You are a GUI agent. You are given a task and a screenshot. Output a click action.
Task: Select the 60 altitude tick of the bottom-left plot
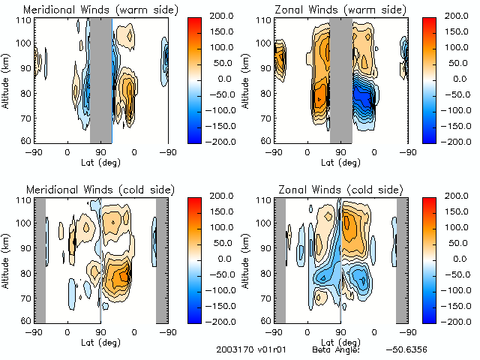click(26, 320)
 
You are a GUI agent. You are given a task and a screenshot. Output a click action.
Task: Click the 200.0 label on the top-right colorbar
click(454, 16)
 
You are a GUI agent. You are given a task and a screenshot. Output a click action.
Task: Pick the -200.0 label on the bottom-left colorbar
click(214, 320)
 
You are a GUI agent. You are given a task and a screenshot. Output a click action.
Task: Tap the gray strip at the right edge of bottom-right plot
click(402, 259)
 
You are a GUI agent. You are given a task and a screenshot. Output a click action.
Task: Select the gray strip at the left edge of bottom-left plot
click(40, 259)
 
